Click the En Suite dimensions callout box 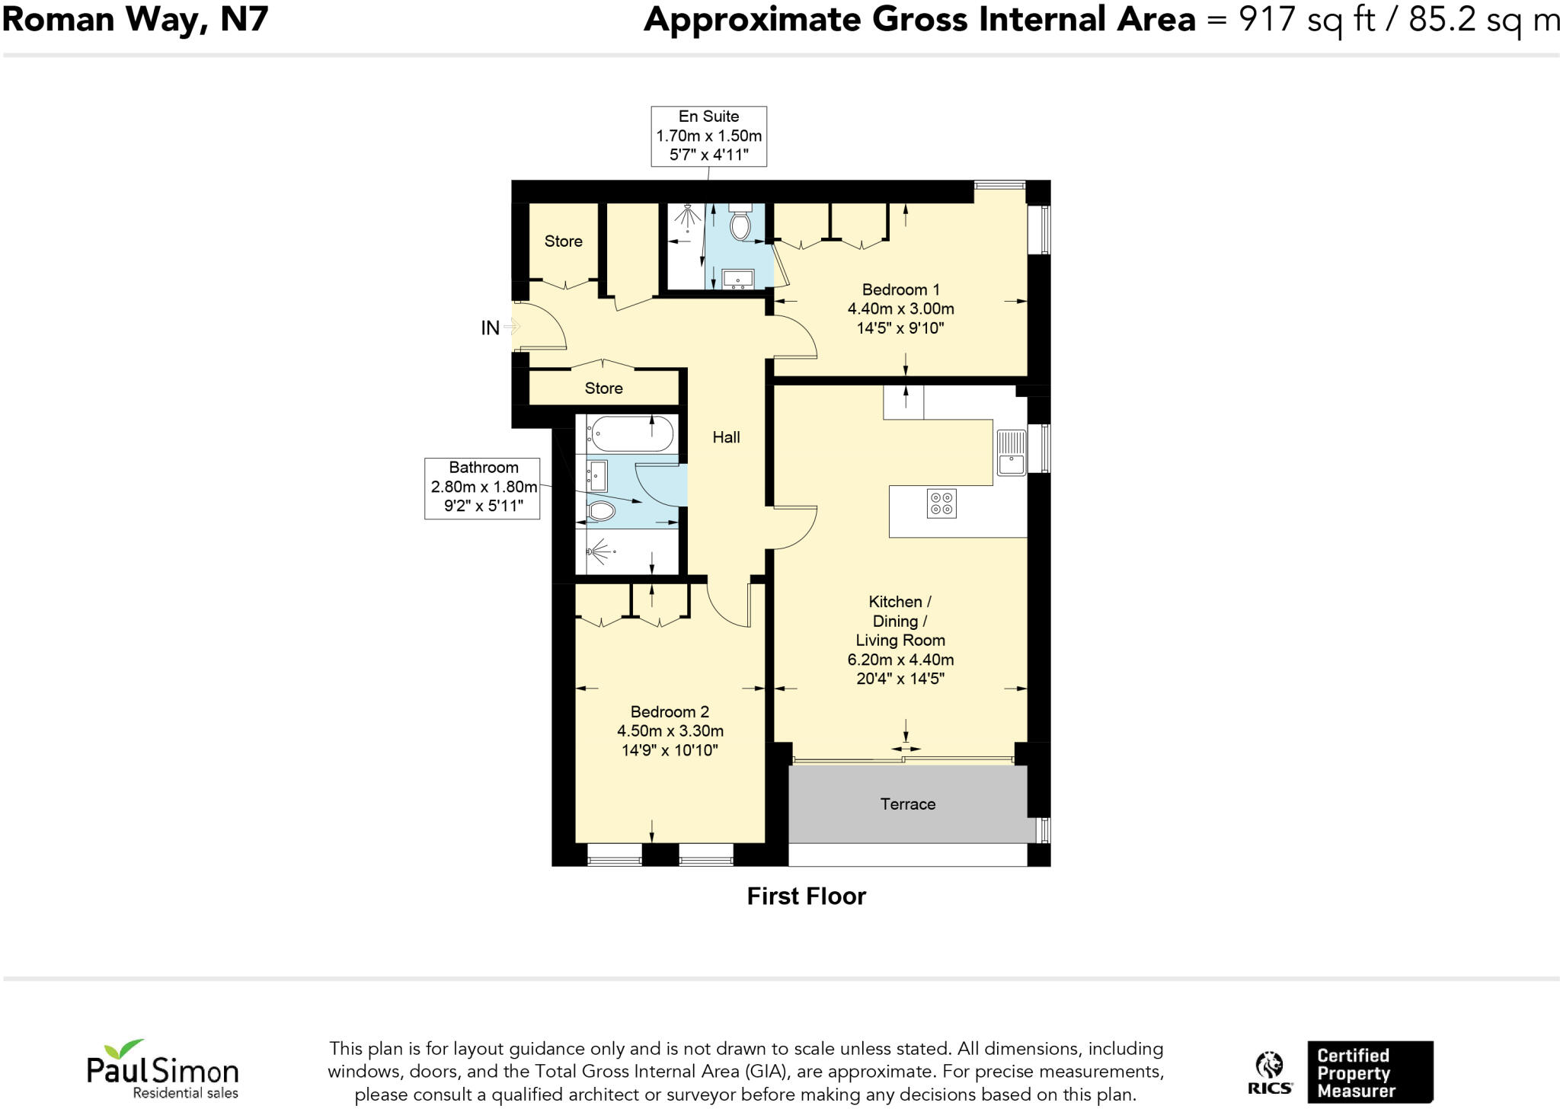tap(708, 136)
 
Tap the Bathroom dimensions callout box tap(482, 487)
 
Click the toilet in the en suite tap(740, 222)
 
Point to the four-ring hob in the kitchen tap(941, 503)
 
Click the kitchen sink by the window tap(1012, 452)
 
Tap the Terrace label tap(907, 804)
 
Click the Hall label tap(726, 437)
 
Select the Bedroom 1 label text tap(900, 290)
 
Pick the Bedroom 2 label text tap(670, 712)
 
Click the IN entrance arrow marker tap(510, 328)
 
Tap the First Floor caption tap(806, 896)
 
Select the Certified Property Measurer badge tap(1370, 1072)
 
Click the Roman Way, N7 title tap(135, 19)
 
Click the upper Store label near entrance tap(563, 241)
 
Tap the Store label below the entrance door tap(603, 388)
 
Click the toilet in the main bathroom tap(601, 511)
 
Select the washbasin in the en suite tap(737, 279)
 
